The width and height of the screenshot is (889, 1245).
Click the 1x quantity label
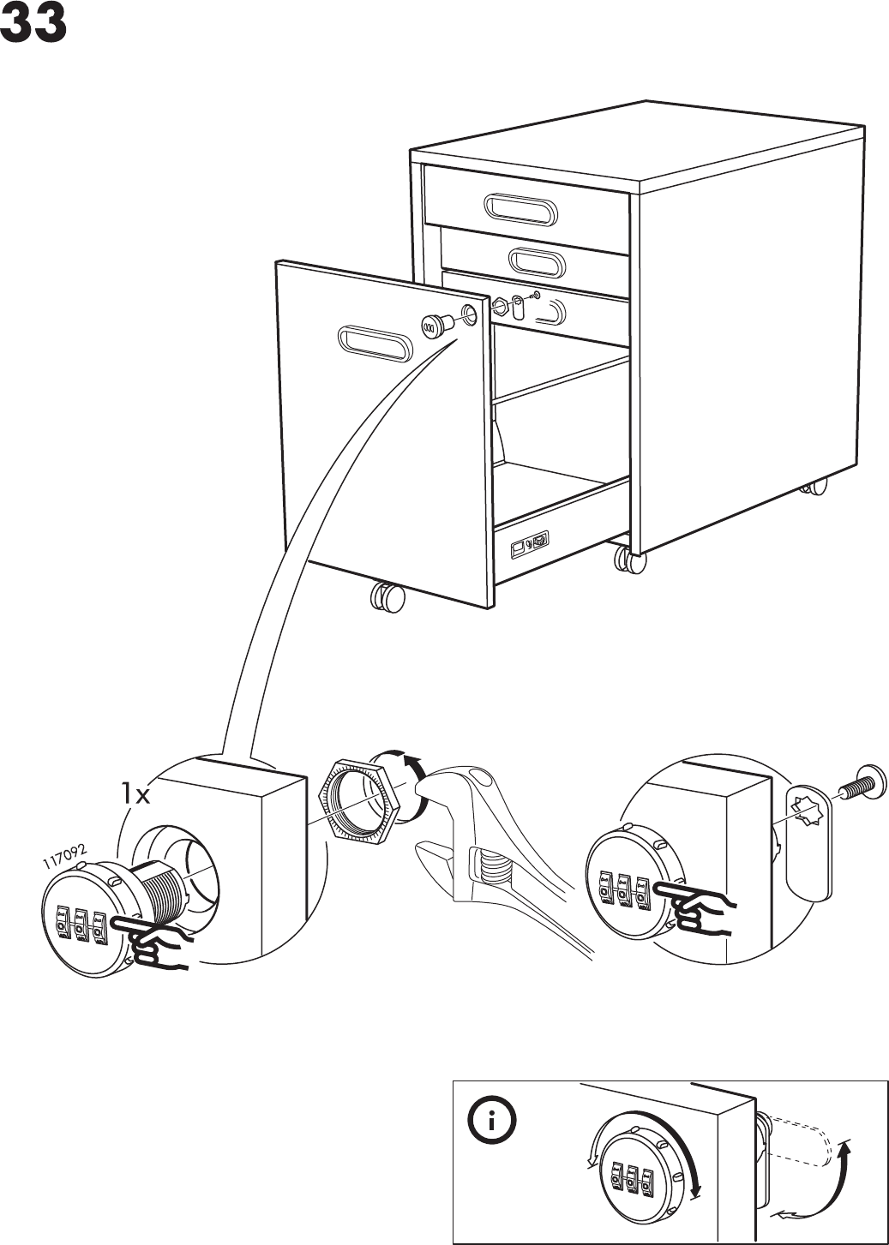click(x=135, y=794)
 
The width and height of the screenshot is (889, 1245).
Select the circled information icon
click(x=489, y=1123)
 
